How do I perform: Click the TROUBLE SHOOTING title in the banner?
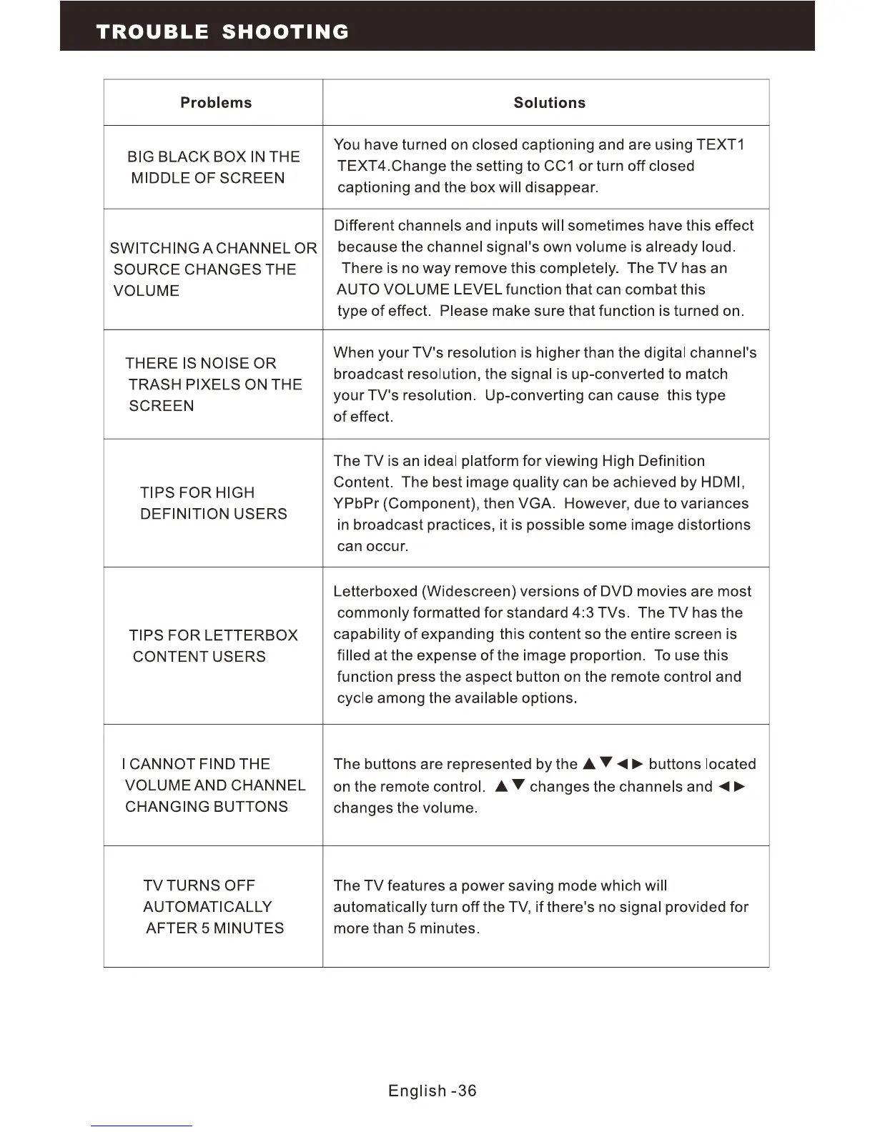click(x=222, y=32)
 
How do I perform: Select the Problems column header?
click(x=216, y=103)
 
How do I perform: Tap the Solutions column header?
click(x=549, y=103)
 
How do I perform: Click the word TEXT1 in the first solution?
click(x=721, y=145)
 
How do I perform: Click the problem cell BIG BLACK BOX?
click(x=213, y=167)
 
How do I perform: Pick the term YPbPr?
click(x=356, y=504)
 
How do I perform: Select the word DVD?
click(x=616, y=592)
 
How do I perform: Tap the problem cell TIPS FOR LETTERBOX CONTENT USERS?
click(x=213, y=646)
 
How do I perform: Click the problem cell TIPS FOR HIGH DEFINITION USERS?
click(x=213, y=503)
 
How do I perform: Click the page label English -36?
click(x=432, y=1091)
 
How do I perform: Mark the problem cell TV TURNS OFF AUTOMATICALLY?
click(x=213, y=907)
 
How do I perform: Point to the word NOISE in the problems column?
click(x=226, y=364)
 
